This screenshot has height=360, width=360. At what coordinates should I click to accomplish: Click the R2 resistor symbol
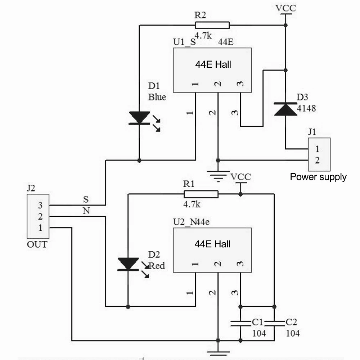click(212, 25)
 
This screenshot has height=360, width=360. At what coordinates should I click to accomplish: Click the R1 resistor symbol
click(201, 194)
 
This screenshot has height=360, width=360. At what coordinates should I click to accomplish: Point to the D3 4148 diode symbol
click(285, 109)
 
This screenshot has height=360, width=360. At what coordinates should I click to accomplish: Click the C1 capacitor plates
click(240, 323)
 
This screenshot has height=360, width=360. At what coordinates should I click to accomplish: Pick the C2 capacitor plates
click(274, 323)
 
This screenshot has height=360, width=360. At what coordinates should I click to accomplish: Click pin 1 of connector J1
click(317, 149)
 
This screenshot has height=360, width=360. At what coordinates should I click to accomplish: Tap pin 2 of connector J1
click(317, 160)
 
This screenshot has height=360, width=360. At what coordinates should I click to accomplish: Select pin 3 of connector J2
click(40, 205)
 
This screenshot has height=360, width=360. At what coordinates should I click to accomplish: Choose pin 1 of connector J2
click(40, 228)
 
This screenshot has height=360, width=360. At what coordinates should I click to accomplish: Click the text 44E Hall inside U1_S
click(213, 64)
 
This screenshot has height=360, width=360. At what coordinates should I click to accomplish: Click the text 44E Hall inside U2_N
click(212, 244)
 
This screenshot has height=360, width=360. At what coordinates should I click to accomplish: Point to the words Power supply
click(318, 177)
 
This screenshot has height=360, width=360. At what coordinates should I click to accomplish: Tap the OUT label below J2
click(37, 244)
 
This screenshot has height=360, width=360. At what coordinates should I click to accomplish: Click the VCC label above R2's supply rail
click(285, 8)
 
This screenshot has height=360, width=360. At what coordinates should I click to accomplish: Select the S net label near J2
click(86, 199)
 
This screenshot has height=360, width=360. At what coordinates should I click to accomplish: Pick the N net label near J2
click(86, 211)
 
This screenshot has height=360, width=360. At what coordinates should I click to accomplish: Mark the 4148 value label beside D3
click(306, 108)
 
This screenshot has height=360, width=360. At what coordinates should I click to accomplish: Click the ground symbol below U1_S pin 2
click(218, 176)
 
